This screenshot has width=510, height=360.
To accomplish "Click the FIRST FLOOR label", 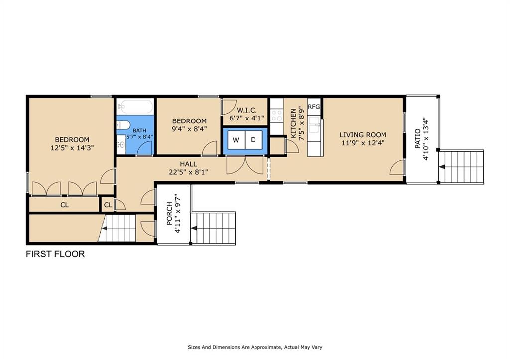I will click(55, 254).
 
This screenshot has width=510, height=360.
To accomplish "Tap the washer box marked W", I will click(236, 140).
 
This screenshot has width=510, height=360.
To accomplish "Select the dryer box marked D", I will click(253, 140).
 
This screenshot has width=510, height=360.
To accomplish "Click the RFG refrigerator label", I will click(314, 107).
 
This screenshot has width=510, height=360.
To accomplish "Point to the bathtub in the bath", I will click(135, 107).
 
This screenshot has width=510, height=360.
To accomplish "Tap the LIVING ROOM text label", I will click(363, 135).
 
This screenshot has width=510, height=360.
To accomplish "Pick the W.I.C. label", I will click(247, 110).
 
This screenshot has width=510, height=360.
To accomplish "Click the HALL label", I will click(188, 164).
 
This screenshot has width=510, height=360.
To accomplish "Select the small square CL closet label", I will click(108, 205).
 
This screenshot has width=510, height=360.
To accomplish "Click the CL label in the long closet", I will click(65, 205).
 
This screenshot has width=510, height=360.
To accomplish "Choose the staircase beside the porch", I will click(213, 228).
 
